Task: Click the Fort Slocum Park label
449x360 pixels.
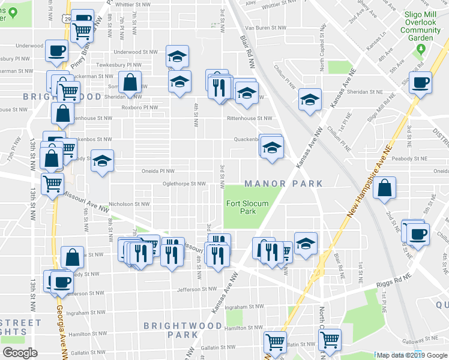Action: coord(247,207)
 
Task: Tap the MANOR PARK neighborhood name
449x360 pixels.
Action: coord(284,184)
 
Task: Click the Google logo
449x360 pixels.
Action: coord(20,353)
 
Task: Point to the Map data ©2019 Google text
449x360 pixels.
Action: coord(410,355)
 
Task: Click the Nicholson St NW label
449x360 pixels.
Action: coord(130,204)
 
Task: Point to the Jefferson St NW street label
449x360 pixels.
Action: coord(196,289)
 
